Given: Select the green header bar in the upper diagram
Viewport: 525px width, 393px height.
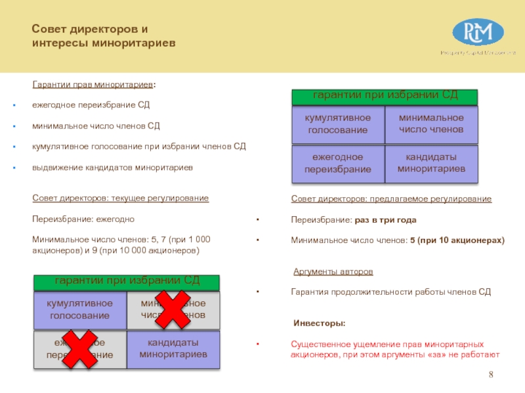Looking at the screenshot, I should coord(385,96).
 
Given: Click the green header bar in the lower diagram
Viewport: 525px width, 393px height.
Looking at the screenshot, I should coord(127,282).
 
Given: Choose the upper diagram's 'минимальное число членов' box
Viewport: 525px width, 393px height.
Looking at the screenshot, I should coord(431,124).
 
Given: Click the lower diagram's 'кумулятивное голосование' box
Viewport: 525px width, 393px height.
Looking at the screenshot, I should coord(79,310).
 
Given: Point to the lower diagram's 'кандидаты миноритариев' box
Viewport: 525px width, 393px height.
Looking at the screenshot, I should coord(173,348).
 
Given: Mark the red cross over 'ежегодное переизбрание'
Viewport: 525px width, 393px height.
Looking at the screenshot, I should coord(80,348).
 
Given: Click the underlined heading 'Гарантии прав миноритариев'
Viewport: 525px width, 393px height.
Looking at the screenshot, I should coord(93,84).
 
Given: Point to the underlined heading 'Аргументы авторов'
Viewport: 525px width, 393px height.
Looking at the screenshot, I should coord(333,271).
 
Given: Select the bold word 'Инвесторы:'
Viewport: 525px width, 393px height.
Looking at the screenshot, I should coord(319,324).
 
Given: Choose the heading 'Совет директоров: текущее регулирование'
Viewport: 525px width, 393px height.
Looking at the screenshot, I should coord(120,198).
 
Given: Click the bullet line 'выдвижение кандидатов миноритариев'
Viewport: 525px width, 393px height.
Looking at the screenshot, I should coord(112,168).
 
